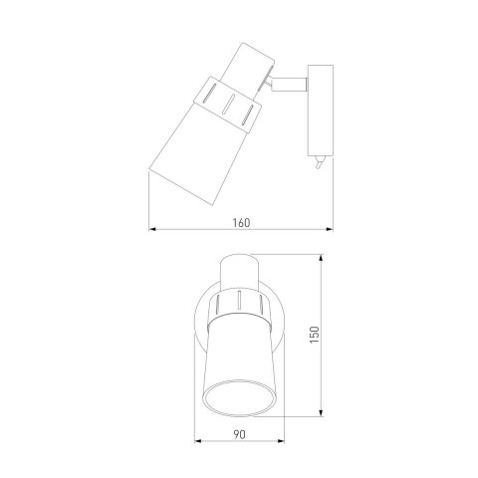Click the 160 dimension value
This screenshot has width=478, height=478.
pos(241,223)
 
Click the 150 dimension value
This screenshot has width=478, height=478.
pos(315,335)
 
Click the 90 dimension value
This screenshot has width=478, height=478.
pos(239,434)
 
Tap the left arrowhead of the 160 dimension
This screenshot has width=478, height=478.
pos(152,229)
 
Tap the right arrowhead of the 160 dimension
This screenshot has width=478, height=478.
pos(330,229)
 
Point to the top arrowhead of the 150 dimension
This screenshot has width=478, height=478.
pos(321,259)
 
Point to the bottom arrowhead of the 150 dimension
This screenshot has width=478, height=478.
pos(321,412)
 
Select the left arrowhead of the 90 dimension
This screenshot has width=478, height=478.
pos(198,441)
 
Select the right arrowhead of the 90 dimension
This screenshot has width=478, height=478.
pos(281,441)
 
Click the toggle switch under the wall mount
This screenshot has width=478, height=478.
pos(320,162)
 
